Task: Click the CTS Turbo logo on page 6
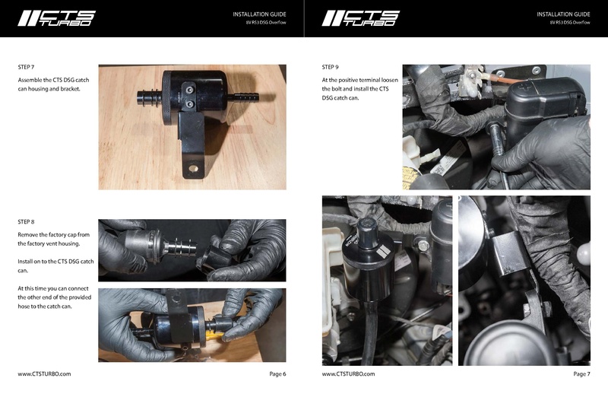(57, 18)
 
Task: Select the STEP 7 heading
(26, 67)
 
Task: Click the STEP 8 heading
(26, 221)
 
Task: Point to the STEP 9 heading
(331, 67)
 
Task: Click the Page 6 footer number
(277, 374)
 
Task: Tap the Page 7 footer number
(581, 374)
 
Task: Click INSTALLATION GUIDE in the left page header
(259, 14)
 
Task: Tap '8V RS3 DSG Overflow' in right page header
(569, 23)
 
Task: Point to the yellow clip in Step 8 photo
(215, 332)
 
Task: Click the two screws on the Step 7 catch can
(188, 94)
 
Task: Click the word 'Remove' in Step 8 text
(30, 234)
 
